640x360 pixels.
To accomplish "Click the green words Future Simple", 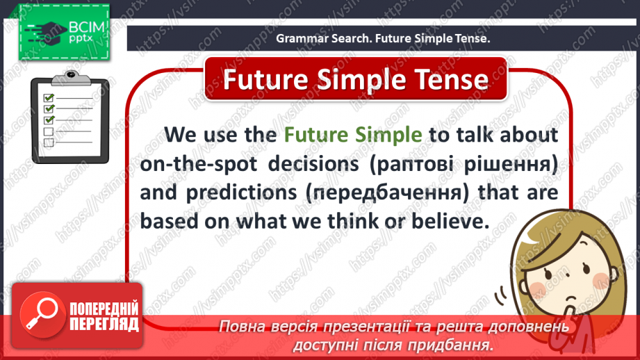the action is [x=352, y=135].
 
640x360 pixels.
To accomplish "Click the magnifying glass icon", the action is [x=42, y=313].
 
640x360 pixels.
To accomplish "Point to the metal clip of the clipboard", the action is [x=72, y=78].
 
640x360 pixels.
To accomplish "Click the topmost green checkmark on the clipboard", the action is [x=49, y=97].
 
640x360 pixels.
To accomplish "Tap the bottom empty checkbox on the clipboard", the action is [x=49, y=142].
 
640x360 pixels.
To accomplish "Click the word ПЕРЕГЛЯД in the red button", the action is [x=104, y=325].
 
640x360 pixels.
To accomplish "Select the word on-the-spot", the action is [x=198, y=164].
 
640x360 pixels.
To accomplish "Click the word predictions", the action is [x=241, y=193].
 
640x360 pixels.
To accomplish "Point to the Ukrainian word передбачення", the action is [x=387, y=193].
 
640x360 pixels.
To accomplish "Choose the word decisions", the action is [x=313, y=164].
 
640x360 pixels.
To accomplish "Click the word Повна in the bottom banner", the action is [x=242, y=327].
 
